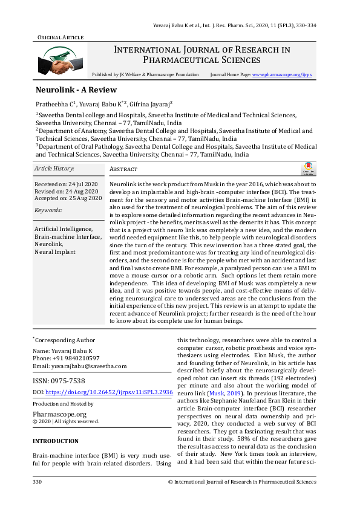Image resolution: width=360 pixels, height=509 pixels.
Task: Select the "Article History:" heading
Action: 54,168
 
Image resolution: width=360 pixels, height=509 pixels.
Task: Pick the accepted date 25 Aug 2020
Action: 68,197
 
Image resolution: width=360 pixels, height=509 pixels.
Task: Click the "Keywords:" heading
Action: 48,210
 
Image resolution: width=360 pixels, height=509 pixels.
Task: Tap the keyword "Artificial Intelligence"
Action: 64,229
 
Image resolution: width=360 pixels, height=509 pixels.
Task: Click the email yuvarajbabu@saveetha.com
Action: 79,366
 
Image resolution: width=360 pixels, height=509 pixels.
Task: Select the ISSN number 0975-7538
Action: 59,380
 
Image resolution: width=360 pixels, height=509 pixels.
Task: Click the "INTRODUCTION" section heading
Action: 56,441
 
